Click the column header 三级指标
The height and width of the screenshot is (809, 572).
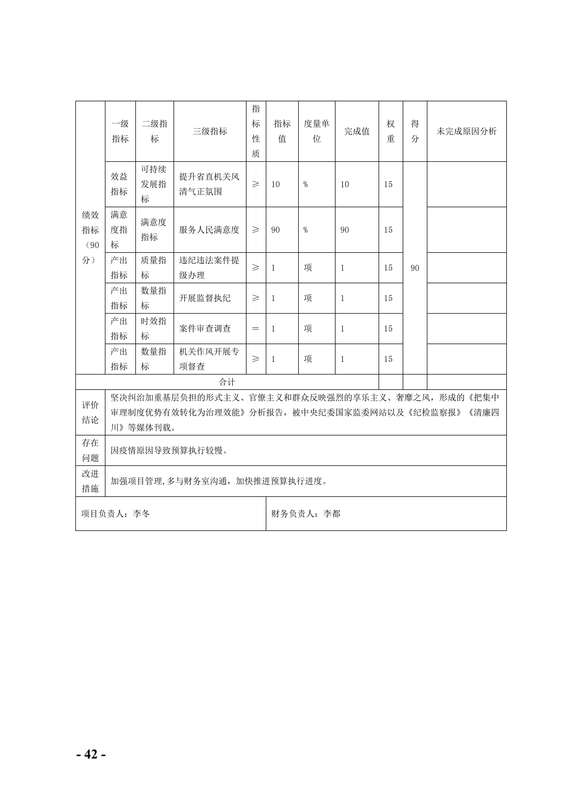[x=210, y=131]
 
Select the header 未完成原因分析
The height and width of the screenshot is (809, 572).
[x=466, y=131]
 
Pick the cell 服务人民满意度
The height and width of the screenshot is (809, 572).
[x=209, y=230]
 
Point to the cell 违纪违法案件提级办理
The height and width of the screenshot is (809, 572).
[x=209, y=268]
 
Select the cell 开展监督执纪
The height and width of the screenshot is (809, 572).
[x=205, y=298]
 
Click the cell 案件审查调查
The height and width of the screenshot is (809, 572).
[x=205, y=329]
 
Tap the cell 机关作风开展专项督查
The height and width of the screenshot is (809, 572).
[x=209, y=359]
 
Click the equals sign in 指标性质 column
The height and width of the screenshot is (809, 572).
[x=256, y=329]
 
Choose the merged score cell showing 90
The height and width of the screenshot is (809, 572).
[x=415, y=268]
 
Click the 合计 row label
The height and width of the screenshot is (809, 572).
[x=227, y=382]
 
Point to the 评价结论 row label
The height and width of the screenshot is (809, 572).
[x=90, y=412]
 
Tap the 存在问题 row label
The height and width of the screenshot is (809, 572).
[x=90, y=450]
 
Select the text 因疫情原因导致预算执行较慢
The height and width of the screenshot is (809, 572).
[x=169, y=450]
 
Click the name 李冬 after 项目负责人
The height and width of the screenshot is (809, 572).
[x=141, y=514]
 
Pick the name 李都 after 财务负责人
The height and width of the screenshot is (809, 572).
[x=332, y=514]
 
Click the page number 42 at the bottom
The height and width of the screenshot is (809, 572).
[x=91, y=754]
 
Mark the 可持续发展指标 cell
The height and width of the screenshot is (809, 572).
[x=154, y=184]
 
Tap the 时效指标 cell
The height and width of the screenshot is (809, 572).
[x=154, y=329]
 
